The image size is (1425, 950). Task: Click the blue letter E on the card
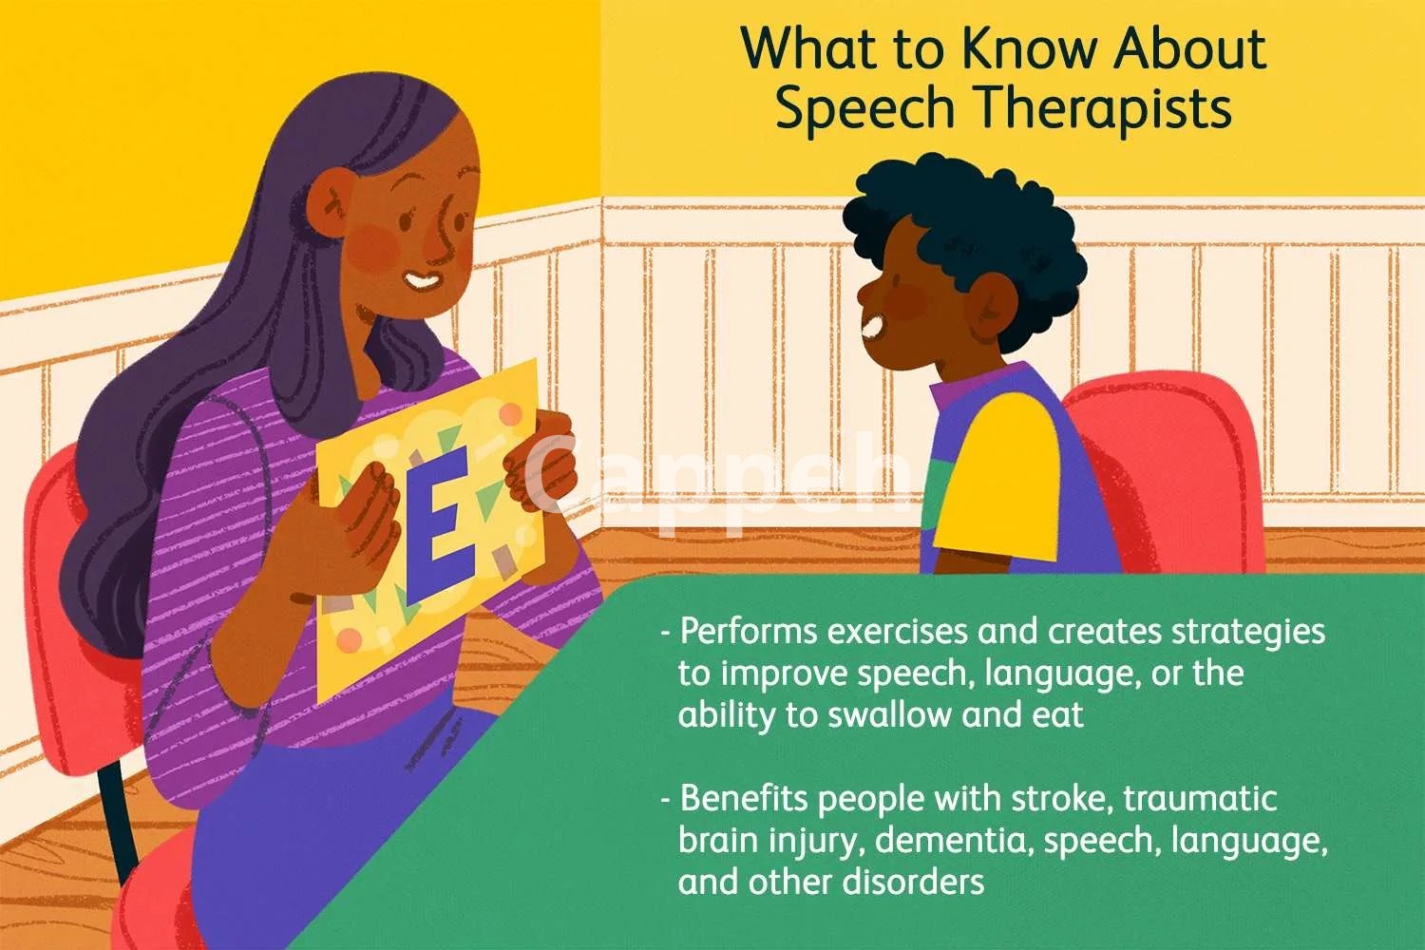tap(440, 524)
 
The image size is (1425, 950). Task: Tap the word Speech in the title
tap(865, 109)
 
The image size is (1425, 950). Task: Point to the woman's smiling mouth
tap(423, 280)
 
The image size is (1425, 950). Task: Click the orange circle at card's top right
tap(510, 415)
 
